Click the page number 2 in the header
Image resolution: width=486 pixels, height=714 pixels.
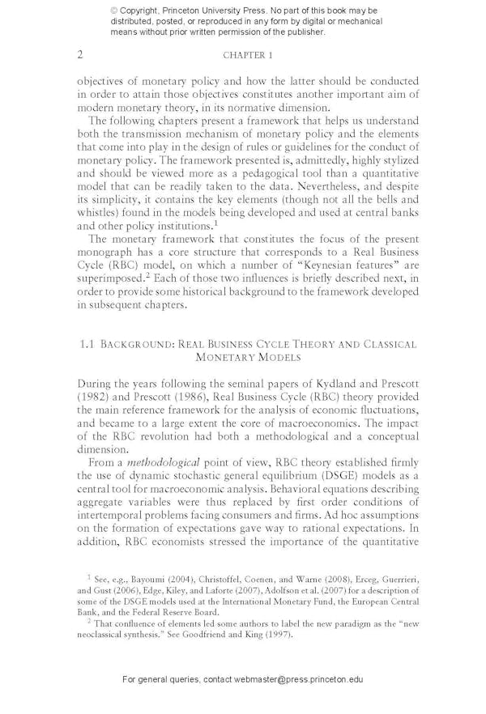[x=80, y=55]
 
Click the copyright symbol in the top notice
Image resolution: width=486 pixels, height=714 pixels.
[x=115, y=11]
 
